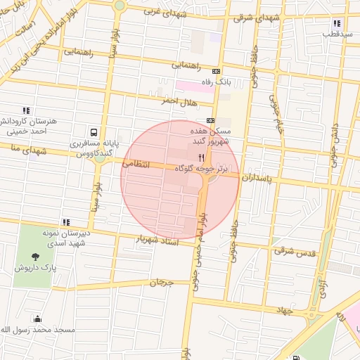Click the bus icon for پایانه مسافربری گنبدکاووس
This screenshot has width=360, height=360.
[94, 131]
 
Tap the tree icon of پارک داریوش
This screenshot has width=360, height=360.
[37, 256]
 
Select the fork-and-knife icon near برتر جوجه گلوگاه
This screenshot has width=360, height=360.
[202, 157]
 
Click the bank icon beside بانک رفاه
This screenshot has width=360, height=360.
[216, 71]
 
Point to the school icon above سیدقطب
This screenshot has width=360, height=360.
[337, 23]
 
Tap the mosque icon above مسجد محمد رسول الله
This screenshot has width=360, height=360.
[37, 319]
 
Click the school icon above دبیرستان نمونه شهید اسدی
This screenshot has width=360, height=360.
[66, 222]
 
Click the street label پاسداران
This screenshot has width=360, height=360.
[255, 179]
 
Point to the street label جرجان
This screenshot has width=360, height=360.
[161, 282]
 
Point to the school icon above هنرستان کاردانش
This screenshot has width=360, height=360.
[26, 110]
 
